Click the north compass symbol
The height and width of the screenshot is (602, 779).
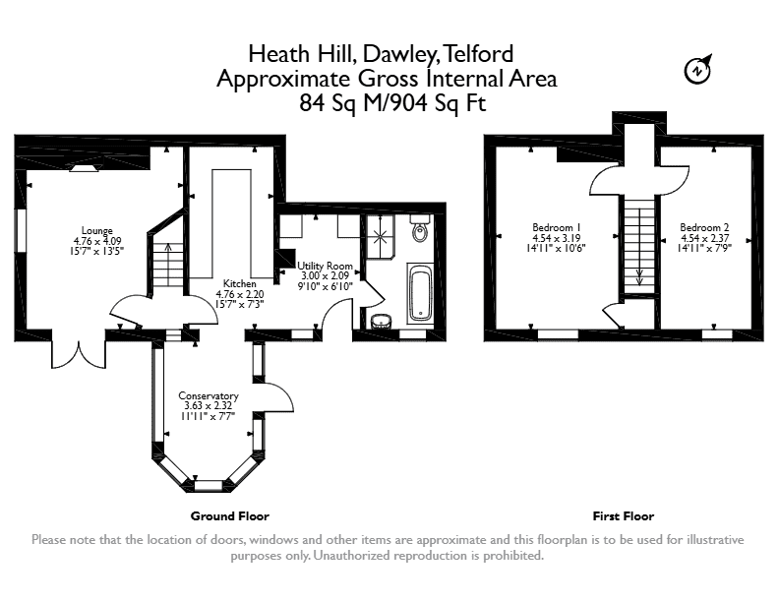pos(697,69)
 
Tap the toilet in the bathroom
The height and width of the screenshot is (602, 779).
pos(420,228)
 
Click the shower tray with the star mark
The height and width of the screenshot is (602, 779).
pos(381,236)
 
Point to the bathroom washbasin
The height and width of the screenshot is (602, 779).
pos(381,322)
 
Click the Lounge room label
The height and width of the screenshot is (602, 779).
pos(96,230)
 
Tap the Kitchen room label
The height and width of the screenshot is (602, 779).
pos(239,283)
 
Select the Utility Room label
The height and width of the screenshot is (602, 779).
pos(325,266)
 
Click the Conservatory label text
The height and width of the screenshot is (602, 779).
pos(209,395)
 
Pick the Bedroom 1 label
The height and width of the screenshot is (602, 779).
pos(556,227)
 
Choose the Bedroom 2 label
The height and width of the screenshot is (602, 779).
pos(704,227)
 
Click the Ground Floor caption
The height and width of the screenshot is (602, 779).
pos(230,516)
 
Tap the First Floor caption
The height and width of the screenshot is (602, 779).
pos(624,516)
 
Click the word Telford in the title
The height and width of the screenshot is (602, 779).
pos(477,54)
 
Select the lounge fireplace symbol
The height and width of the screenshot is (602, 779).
pos(84,168)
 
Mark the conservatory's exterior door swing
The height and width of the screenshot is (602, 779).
pos(279,397)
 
